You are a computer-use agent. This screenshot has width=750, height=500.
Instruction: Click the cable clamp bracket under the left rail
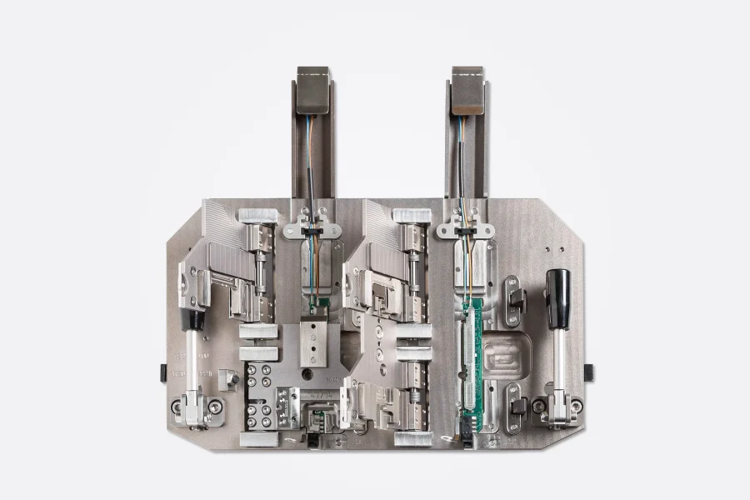(x=311, y=227)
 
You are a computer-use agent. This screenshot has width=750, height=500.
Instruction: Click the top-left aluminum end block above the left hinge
(x=257, y=216)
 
